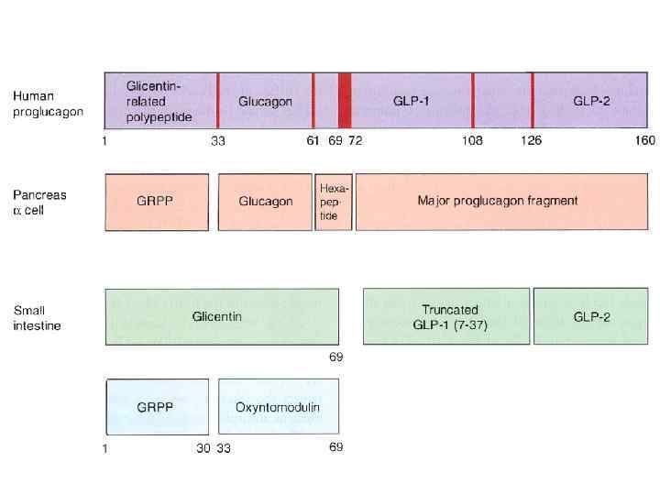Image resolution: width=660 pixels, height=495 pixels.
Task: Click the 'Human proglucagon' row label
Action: coord(47,103)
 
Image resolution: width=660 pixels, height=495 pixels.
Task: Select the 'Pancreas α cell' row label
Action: coord(39,203)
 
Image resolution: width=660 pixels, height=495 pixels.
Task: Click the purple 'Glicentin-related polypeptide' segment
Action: coord(160,101)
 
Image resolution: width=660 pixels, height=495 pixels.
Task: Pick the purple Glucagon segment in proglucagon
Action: coord(265,101)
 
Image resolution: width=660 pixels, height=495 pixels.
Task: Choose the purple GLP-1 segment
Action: coord(411,101)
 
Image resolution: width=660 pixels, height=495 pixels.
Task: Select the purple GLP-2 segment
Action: coord(592,101)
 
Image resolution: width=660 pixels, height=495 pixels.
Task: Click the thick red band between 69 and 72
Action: coord(345,101)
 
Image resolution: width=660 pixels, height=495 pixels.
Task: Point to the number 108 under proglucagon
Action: coord(471,141)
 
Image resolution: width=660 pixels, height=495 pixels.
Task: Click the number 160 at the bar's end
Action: coord(644,141)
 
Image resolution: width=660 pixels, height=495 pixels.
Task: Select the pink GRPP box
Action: coord(159,202)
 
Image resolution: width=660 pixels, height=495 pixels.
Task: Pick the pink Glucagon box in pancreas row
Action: coord(265,202)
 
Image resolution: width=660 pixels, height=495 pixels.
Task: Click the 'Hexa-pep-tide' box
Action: coord(334,202)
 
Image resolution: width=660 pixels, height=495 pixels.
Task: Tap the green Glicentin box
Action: coord(222,316)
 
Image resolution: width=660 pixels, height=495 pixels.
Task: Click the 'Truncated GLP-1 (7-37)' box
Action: coord(446,316)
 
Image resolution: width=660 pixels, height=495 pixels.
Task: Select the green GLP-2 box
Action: coord(591,316)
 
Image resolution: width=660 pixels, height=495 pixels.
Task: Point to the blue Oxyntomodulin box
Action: coord(278,407)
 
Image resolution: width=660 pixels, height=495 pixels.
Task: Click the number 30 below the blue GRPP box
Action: coord(203,448)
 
